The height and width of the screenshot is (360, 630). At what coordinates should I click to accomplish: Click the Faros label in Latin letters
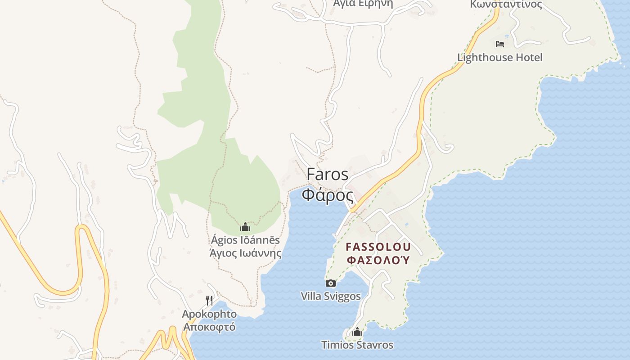[x=328, y=174]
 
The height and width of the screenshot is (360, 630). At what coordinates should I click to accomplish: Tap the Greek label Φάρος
[x=328, y=195]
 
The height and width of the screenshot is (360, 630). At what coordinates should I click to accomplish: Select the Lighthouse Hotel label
[x=499, y=58]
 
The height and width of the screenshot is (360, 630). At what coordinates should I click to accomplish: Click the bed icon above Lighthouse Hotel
[x=499, y=44]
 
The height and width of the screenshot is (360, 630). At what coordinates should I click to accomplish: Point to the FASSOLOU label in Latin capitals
[x=378, y=247]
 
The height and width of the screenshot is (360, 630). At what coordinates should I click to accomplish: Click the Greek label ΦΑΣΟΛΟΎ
[x=378, y=260]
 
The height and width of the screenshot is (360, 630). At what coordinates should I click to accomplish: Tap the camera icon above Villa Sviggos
[x=331, y=283]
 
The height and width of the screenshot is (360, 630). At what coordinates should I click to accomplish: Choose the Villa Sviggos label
[x=331, y=296]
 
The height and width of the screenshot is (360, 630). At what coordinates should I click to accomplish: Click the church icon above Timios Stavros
[x=357, y=332]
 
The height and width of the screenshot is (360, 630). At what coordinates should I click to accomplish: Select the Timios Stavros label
[x=357, y=345]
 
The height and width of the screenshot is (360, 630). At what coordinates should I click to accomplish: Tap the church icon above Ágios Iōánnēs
[x=245, y=227]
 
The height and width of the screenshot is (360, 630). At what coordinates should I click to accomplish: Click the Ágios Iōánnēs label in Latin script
[x=245, y=240]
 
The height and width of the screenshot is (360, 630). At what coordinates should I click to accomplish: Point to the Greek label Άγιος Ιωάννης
[x=246, y=253]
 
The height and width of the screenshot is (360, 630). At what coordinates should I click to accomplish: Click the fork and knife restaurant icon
[x=209, y=300]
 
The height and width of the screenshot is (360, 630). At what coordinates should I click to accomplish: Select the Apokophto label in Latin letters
[x=209, y=314]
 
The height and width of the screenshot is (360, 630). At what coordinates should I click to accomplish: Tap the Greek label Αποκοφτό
[x=209, y=326]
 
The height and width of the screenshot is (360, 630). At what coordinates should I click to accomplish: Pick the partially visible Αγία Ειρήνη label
[x=363, y=4]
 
